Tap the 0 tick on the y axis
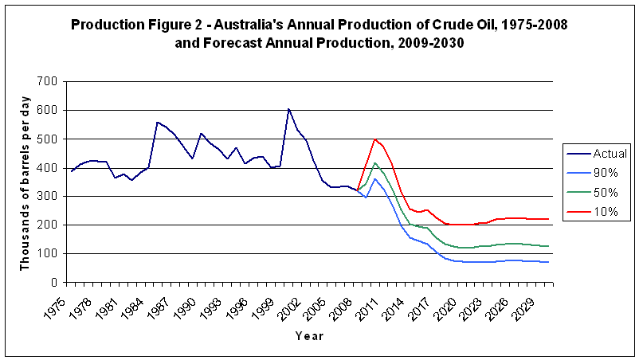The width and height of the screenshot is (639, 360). tap(55, 282)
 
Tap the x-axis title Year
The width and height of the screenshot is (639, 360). tap(310, 336)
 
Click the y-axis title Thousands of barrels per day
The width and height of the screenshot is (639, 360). tap(25, 181)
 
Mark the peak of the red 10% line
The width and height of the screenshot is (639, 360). tap(374, 139)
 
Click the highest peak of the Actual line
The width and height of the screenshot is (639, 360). tap(288, 109)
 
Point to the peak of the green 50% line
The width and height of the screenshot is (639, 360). tap(374, 163)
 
